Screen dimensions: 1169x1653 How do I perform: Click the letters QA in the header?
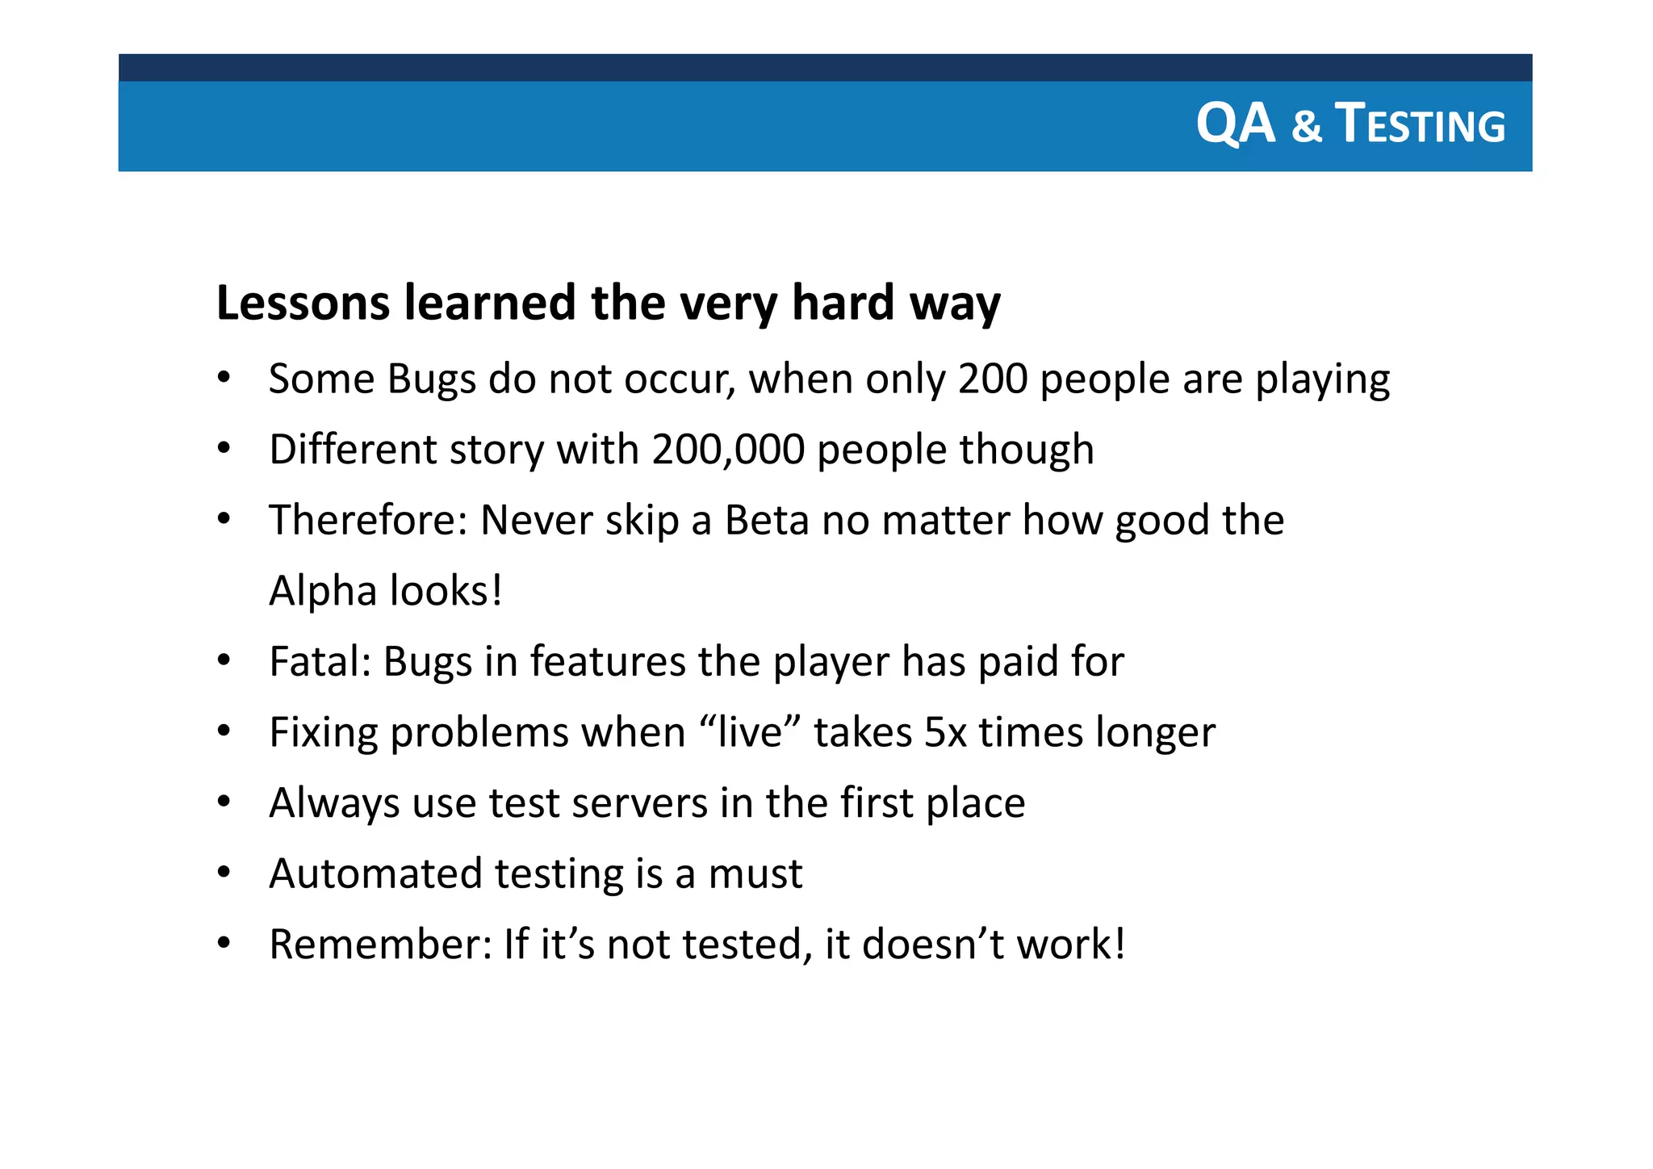tap(1235, 124)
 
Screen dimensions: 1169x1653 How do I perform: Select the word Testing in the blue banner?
tap(1421, 125)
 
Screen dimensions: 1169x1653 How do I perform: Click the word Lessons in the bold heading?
tap(303, 303)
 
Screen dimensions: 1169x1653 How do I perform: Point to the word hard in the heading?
tap(843, 303)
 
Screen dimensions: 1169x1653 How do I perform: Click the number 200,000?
tap(728, 450)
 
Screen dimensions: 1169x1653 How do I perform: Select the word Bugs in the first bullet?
tap(431, 379)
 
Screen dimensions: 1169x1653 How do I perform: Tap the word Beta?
tap(766, 521)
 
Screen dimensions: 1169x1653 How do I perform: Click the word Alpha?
tap(323, 591)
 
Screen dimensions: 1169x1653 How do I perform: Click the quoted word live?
tap(751, 733)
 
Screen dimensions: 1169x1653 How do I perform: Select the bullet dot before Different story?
tap(224, 448)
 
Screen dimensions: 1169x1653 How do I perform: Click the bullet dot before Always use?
tap(224, 802)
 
